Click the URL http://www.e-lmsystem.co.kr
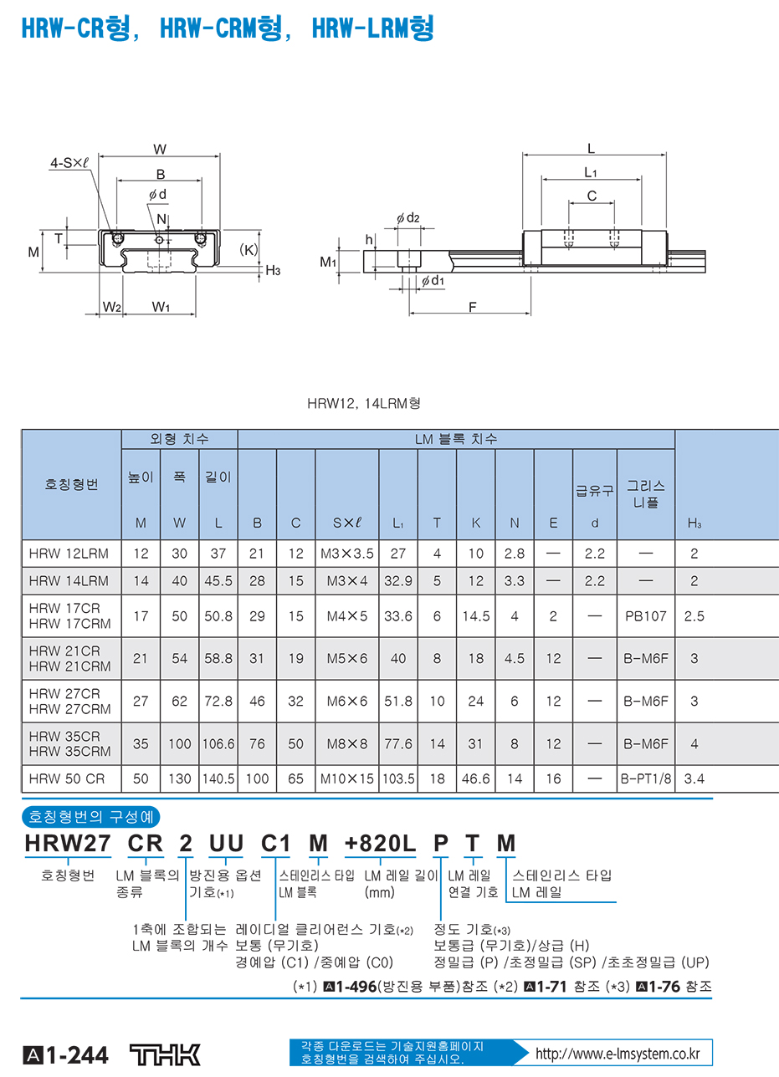pos(617,1053)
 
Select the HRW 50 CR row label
pos(67,778)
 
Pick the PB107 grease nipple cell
pos(645,615)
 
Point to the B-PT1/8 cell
pos(645,778)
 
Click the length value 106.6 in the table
pos(218,743)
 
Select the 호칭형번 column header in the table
pos(71,485)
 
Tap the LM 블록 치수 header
pos(456,438)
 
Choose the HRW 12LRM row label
pos(69,553)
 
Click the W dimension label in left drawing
pos(160,150)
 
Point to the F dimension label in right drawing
pos(472,307)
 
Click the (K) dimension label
pos(249,248)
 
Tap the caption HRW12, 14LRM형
pos(363,402)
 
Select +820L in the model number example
pos(380,845)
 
